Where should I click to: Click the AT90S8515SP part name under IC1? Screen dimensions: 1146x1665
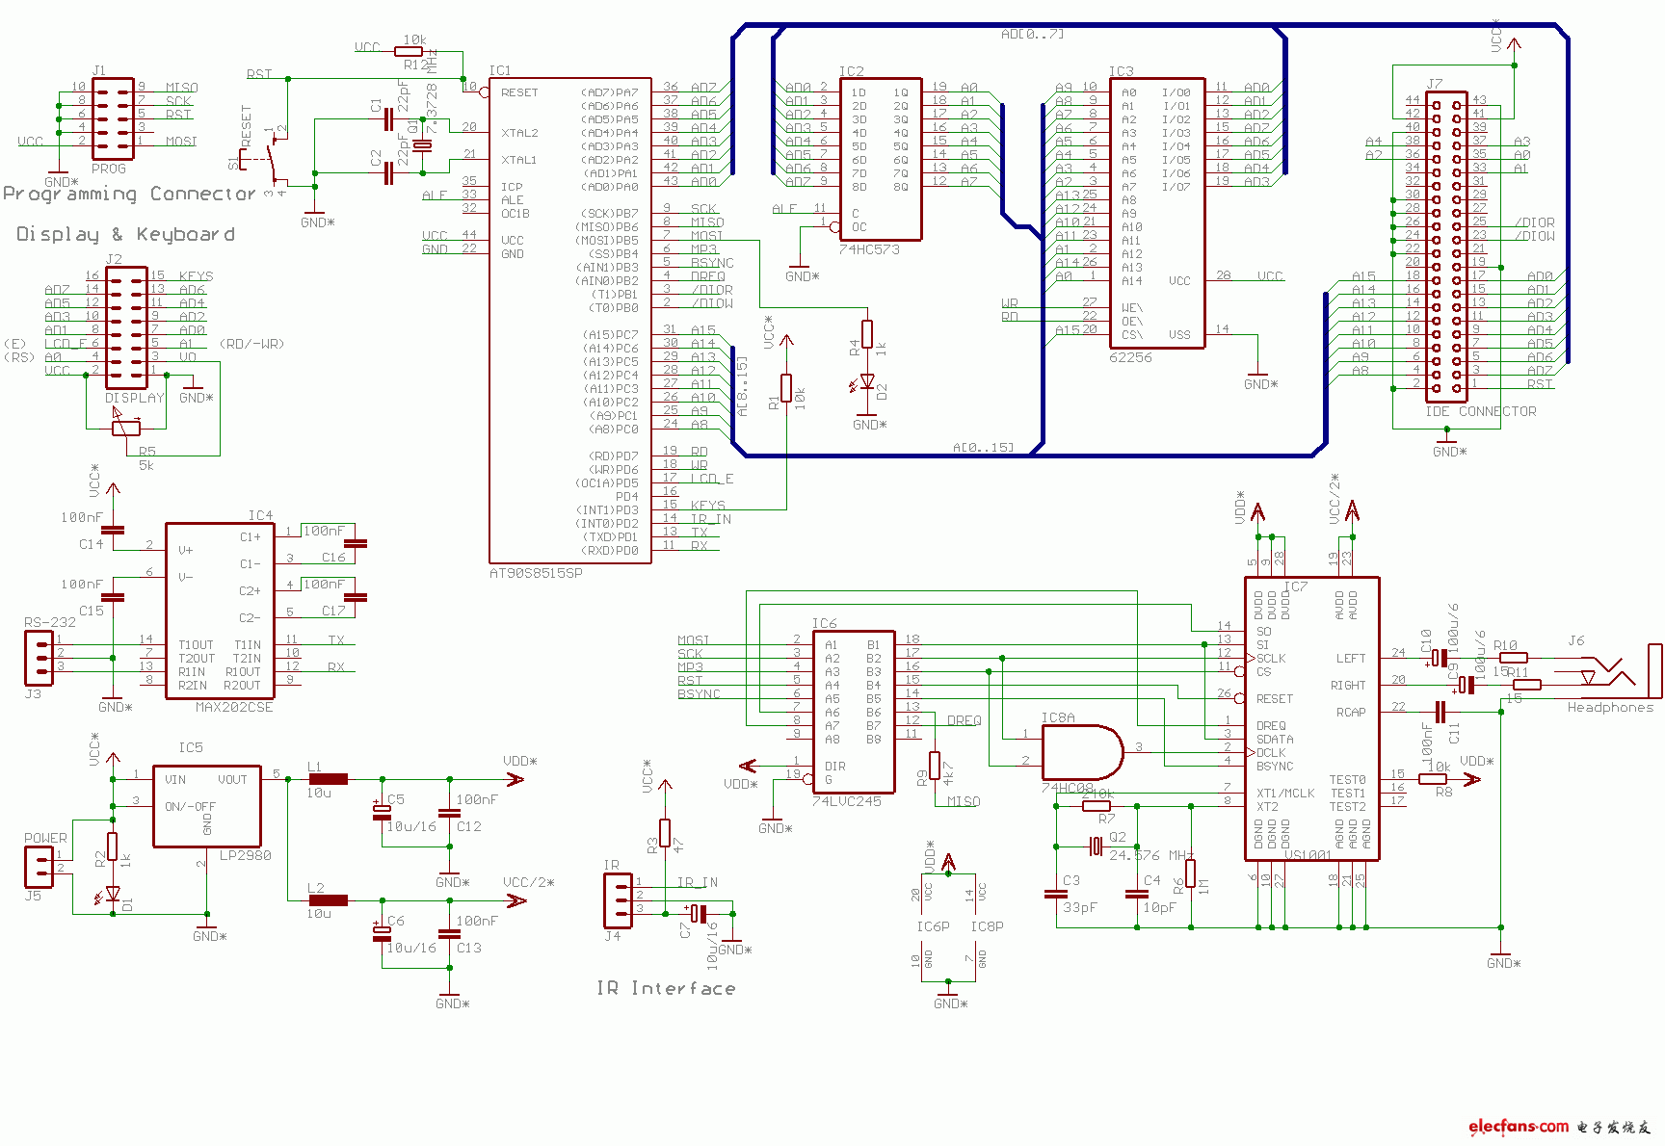pos(536,573)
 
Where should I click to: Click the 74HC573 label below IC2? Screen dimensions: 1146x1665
pos(868,249)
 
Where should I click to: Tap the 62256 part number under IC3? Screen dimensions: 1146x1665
pos(1130,357)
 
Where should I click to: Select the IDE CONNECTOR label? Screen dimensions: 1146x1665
pos(1480,411)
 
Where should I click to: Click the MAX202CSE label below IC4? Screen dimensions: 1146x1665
pos(234,707)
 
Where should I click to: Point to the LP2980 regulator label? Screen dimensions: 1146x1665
pos(245,855)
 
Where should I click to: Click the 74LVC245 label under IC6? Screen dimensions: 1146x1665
pos(846,801)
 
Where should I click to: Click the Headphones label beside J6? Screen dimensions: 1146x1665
pos(1609,708)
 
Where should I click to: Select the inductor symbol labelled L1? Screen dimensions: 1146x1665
pos(328,779)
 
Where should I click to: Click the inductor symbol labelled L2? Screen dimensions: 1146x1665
pos(328,900)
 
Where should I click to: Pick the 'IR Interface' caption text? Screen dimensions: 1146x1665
pos(666,988)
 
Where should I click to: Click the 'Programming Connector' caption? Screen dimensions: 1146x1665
pos(129,194)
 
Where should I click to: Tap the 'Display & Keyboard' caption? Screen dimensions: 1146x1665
pos(125,234)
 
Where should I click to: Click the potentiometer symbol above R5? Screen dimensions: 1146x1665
pos(126,428)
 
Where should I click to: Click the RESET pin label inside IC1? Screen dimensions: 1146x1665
pos(519,92)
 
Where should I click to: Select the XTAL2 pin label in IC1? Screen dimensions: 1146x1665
pos(519,133)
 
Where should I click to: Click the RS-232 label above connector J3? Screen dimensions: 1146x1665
pos(49,622)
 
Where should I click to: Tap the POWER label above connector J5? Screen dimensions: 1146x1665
pos(45,838)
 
